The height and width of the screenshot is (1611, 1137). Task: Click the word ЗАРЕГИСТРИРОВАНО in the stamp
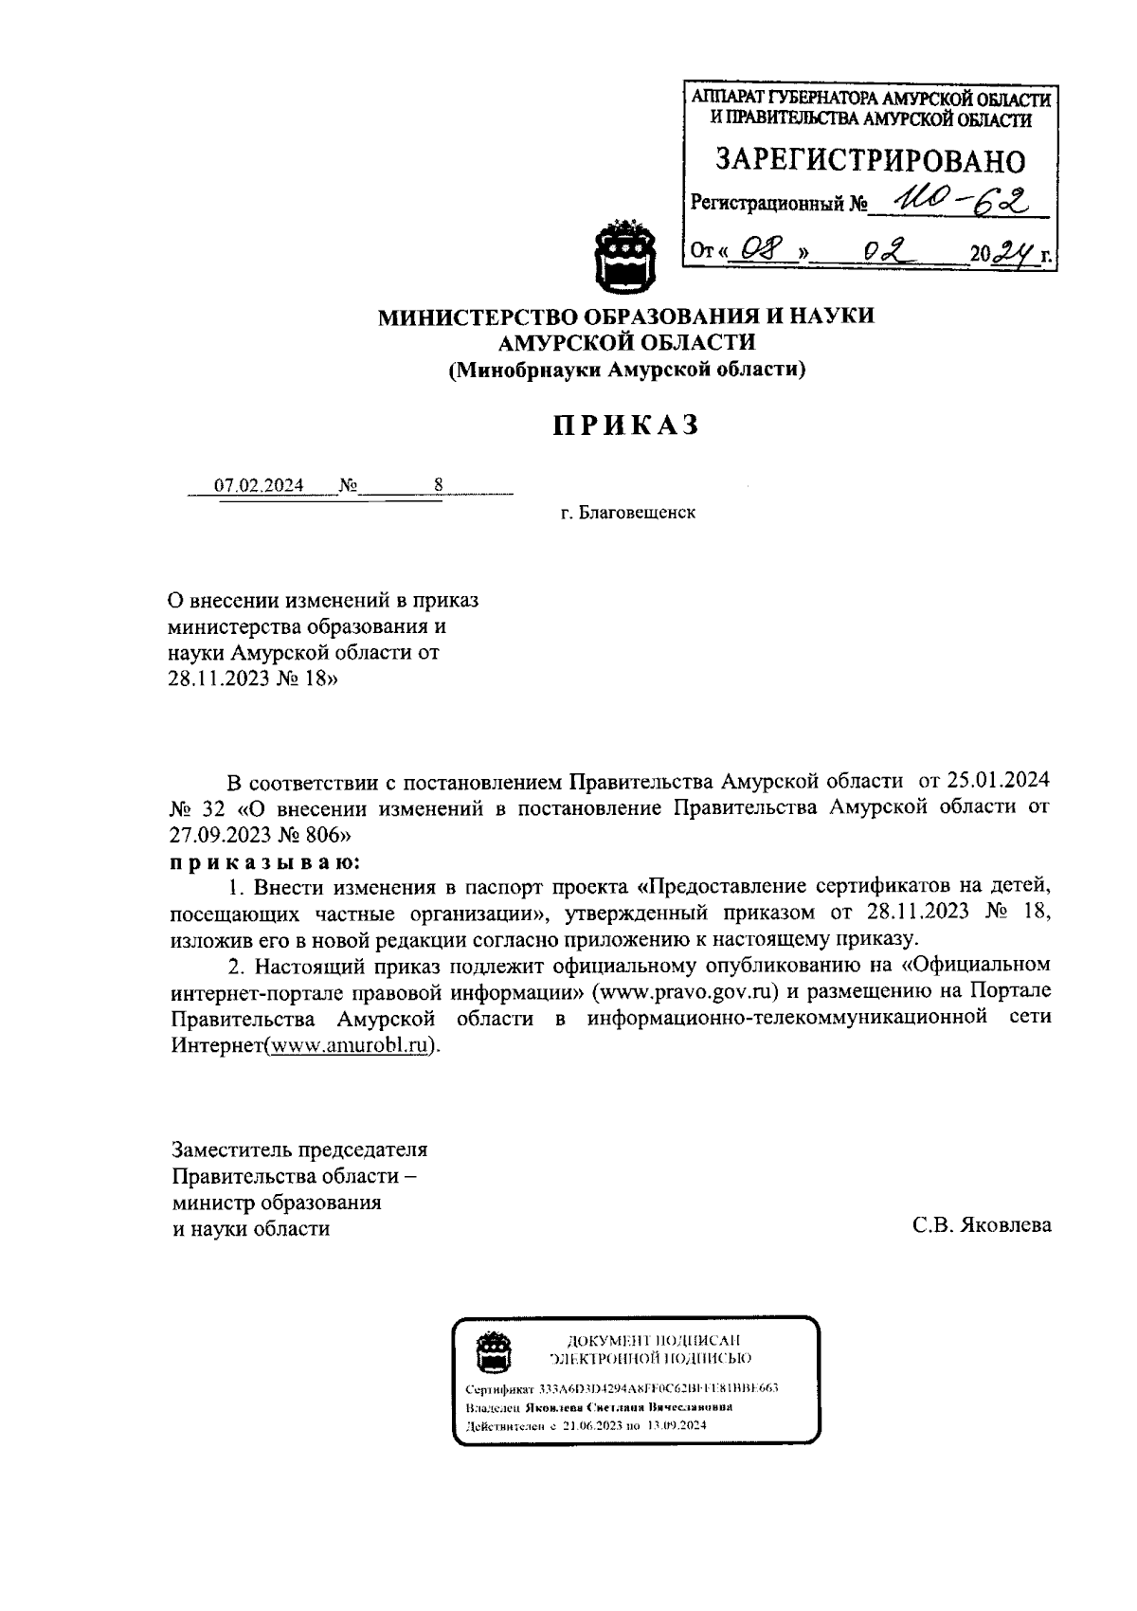coord(869,159)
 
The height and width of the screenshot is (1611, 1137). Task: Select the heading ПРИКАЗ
coord(626,425)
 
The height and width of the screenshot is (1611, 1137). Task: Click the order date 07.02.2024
coord(259,486)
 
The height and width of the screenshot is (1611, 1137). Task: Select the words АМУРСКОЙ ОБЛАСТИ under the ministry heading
coord(626,342)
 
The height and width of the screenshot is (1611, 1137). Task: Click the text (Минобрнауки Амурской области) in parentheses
coord(626,370)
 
